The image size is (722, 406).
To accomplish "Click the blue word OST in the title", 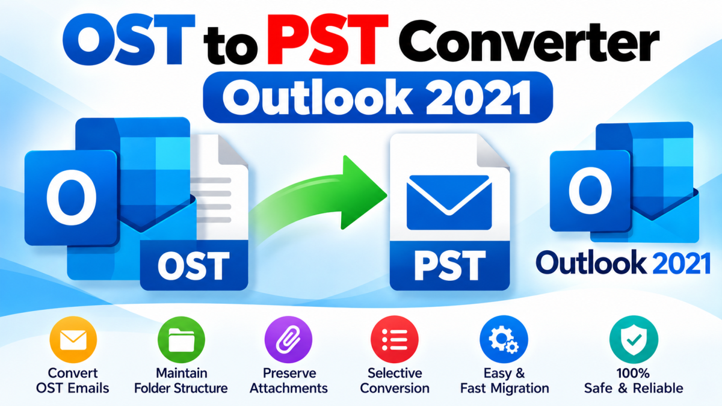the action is [x=129, y=39].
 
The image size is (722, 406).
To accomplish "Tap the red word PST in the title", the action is [x=328, y=39].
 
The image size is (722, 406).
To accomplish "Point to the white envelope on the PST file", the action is [x=449, y=202].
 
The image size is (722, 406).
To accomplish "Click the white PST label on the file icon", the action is [x=449, y=266].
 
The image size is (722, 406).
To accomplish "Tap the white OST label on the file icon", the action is [x=193, y=266].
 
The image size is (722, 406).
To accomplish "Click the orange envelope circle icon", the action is [x=73, y=340].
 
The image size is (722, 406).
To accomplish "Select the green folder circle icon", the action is [x=181, y=340].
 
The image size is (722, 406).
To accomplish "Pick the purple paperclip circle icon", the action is [x=288, y=340].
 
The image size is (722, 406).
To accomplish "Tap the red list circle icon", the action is [x=395, y=340].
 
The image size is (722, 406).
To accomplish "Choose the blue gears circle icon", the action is [x=504, y=340].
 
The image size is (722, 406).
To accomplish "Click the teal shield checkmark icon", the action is [x=634, y=340].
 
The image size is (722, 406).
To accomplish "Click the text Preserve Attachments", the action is [x=289, y=381].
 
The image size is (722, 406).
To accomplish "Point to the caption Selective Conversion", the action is [x=395, y=381].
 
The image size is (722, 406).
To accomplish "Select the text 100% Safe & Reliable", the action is [x=634, y=381].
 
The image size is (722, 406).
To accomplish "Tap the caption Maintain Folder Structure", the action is [x=181, y=381].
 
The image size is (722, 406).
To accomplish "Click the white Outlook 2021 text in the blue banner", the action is [x=377, y=98].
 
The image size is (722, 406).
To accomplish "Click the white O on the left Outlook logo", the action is [x=72, y=197].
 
